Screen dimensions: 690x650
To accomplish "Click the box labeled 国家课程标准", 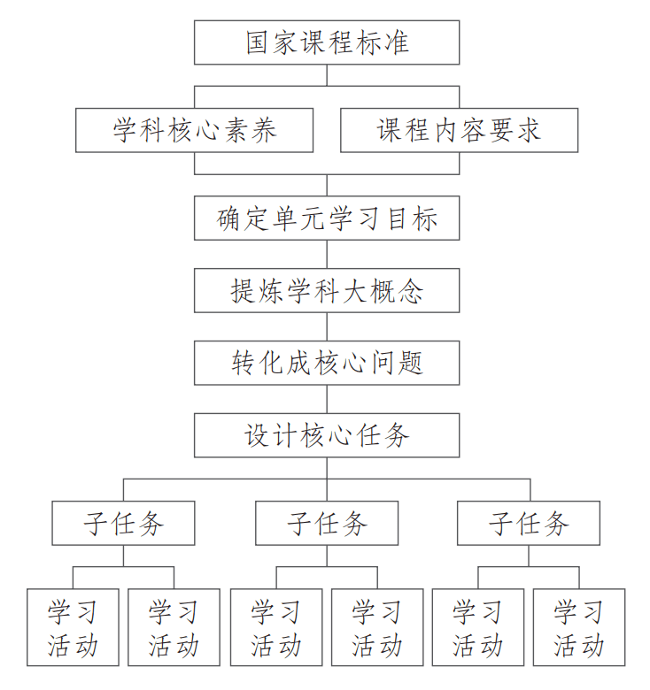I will pos(327,42).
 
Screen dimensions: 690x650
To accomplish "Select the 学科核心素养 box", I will pos(194,131).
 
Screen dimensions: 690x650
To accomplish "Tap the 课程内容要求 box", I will pos(459,131).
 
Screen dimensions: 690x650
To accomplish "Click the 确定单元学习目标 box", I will pos(327,218).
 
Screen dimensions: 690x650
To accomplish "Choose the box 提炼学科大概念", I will pos(327,290).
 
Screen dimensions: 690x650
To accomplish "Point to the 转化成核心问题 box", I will pos(327,363).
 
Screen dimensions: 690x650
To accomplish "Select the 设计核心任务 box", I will pos(327,435).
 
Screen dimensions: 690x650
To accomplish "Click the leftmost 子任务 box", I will pos(123,524).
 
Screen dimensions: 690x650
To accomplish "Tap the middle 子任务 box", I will pos(327,524).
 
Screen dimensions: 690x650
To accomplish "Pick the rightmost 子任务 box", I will pos(529,524).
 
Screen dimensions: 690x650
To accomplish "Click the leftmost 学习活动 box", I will pos(73,627).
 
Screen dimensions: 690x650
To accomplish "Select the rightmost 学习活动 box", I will pos(579,627).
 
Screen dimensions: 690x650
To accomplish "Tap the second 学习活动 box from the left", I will pos(174,627).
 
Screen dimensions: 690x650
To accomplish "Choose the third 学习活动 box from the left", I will pos(275,627).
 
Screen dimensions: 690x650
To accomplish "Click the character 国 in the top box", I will pos(259,42).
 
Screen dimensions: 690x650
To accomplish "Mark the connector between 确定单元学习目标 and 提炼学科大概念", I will pos(327,254).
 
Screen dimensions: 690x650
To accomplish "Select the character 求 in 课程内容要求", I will pos(528,131).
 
